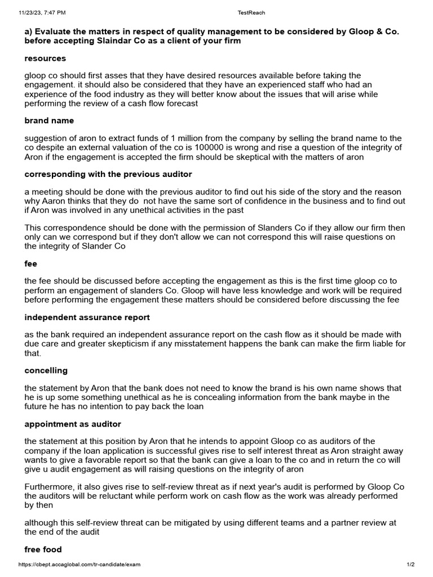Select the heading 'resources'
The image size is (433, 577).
click(45, 58)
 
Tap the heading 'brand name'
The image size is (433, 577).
click(49, 121)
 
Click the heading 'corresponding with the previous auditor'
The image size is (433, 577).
click(108, 174)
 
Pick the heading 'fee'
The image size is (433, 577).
click(30, 263)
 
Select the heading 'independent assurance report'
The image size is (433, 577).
click(87, 317)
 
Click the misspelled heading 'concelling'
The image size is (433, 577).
click(46, 370)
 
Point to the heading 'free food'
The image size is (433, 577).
click(43, 549)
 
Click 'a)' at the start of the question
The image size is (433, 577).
click(29, 32)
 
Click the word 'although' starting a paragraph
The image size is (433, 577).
click(41, 522)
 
